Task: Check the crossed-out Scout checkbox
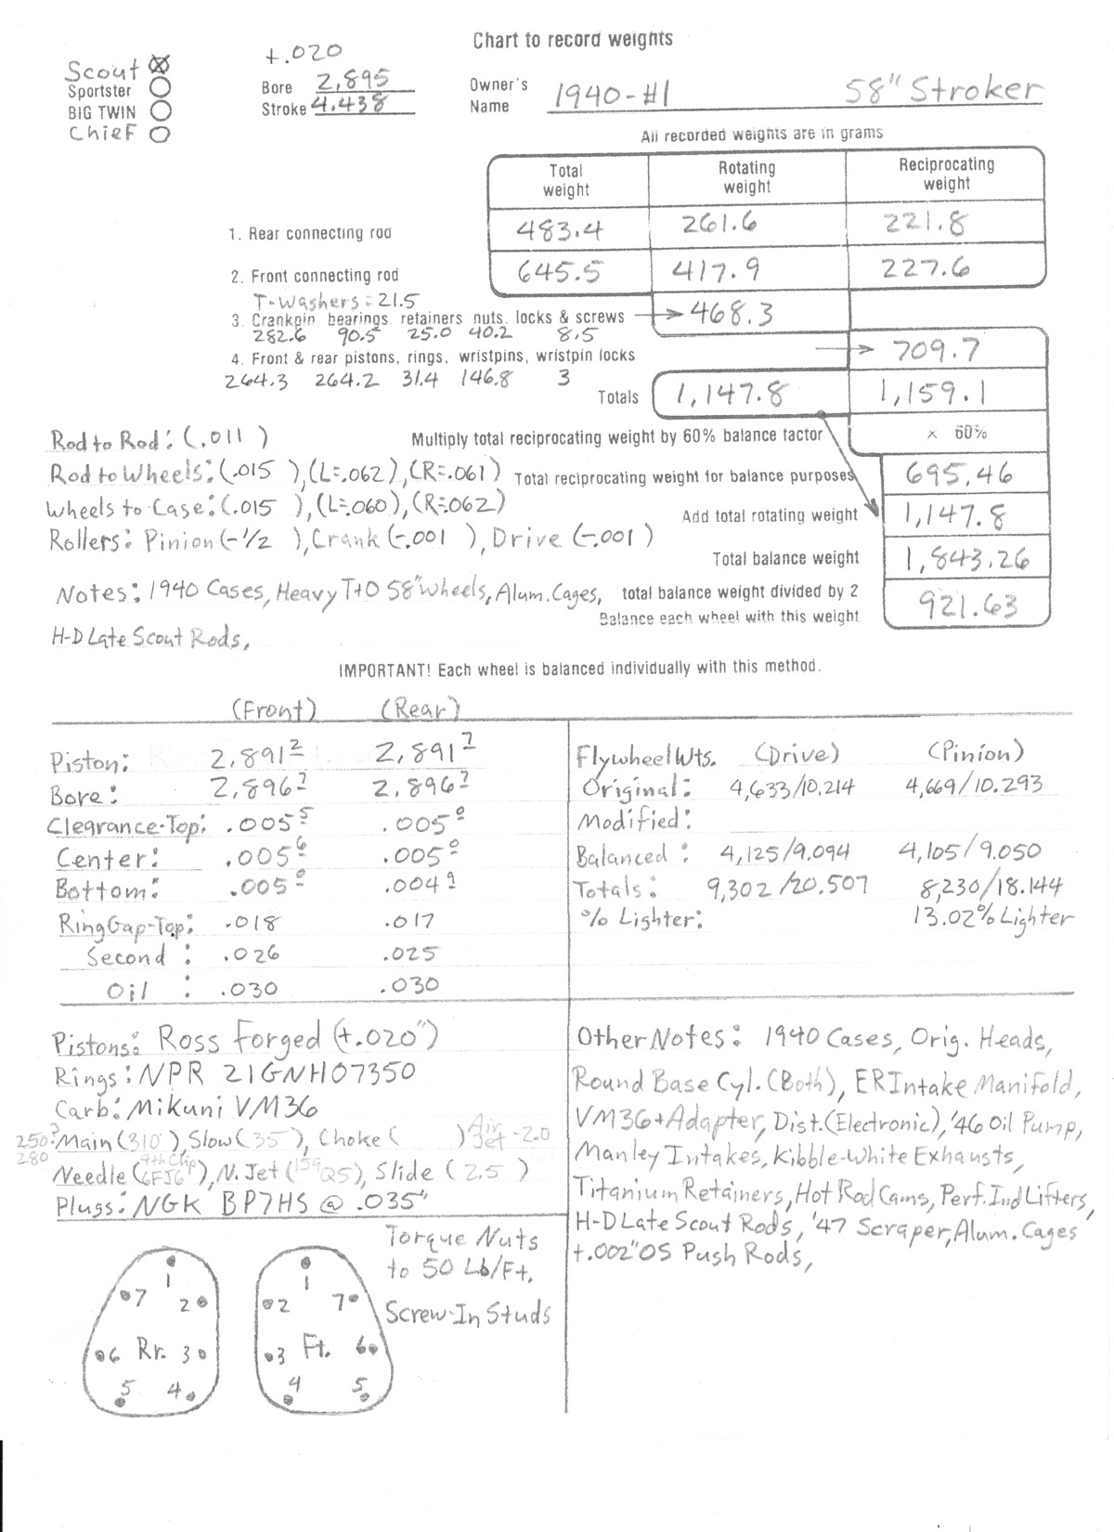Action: pyautogui.click(x=160, y=66)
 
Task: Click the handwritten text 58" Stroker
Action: pyautogui.click(x=942, y=91)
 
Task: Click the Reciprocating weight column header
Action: pyautogui.click(x=946, y=174)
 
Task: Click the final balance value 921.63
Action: pyautogui.click(x=967, y=606)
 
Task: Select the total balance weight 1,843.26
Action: pyautogui.click(x=964, y=559)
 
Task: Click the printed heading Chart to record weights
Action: pyautogui.click(x=573, y=40)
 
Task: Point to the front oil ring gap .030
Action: pyautogui.click(x=249, y=990)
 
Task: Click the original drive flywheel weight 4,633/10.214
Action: pyautogui.click(x=785, y=788)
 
